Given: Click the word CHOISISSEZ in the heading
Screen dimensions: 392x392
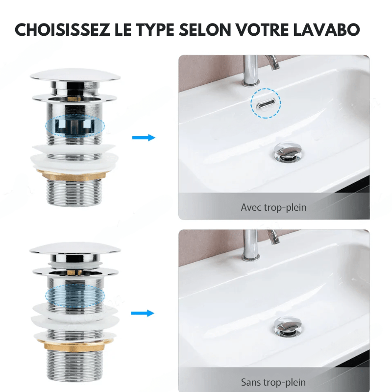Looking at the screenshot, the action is coord(62,30).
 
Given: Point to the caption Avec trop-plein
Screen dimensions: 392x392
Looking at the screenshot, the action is coord(273,207).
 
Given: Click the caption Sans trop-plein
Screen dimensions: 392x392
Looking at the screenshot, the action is coord(273,382).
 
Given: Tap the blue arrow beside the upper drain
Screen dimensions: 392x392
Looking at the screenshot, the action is coord(144,138).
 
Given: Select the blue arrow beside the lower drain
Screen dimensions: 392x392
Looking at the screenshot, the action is coord(143,313).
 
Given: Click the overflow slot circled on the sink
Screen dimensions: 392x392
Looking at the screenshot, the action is coord(266,103).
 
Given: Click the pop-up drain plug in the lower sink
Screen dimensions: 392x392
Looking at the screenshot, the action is coord(288,326).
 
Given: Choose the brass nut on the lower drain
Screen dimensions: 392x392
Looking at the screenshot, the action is coord(74,345).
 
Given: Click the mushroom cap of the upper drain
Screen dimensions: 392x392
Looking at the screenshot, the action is coord(75,75).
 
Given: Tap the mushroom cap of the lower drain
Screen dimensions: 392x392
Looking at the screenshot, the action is coord(75,249).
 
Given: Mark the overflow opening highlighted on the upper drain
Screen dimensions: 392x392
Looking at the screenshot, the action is coord(75,126).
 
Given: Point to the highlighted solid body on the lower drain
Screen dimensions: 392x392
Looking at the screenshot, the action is coord(75,296).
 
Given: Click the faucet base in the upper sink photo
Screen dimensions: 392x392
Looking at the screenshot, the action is coord(250,82).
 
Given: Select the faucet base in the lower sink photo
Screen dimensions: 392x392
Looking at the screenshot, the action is coord(250,257).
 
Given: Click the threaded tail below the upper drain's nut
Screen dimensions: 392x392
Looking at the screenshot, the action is coord(74,192).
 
